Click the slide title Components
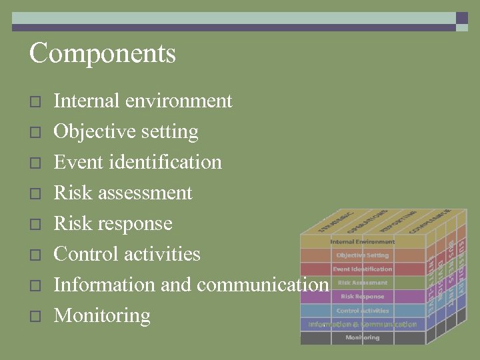tap(102, 53)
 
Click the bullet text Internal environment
tap(143, 101)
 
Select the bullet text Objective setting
tap(125, 132)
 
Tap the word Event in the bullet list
tap(73, 162)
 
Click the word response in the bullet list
tap(137, 223)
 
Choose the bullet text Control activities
tap(127, 254)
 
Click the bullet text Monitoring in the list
tap(101, 315)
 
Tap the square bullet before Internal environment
tap(35, 102)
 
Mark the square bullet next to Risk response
tap(35, 225)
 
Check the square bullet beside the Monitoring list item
tap(35, 317)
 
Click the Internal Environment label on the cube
tap(363, 241)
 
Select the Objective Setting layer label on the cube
tap(363, 255)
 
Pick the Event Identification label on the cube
tap(363, 269)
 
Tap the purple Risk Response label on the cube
tap(363, 297)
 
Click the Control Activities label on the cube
tap(363, 311)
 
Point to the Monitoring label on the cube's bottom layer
tap(363, 338)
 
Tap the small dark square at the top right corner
tap(461, 18)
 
